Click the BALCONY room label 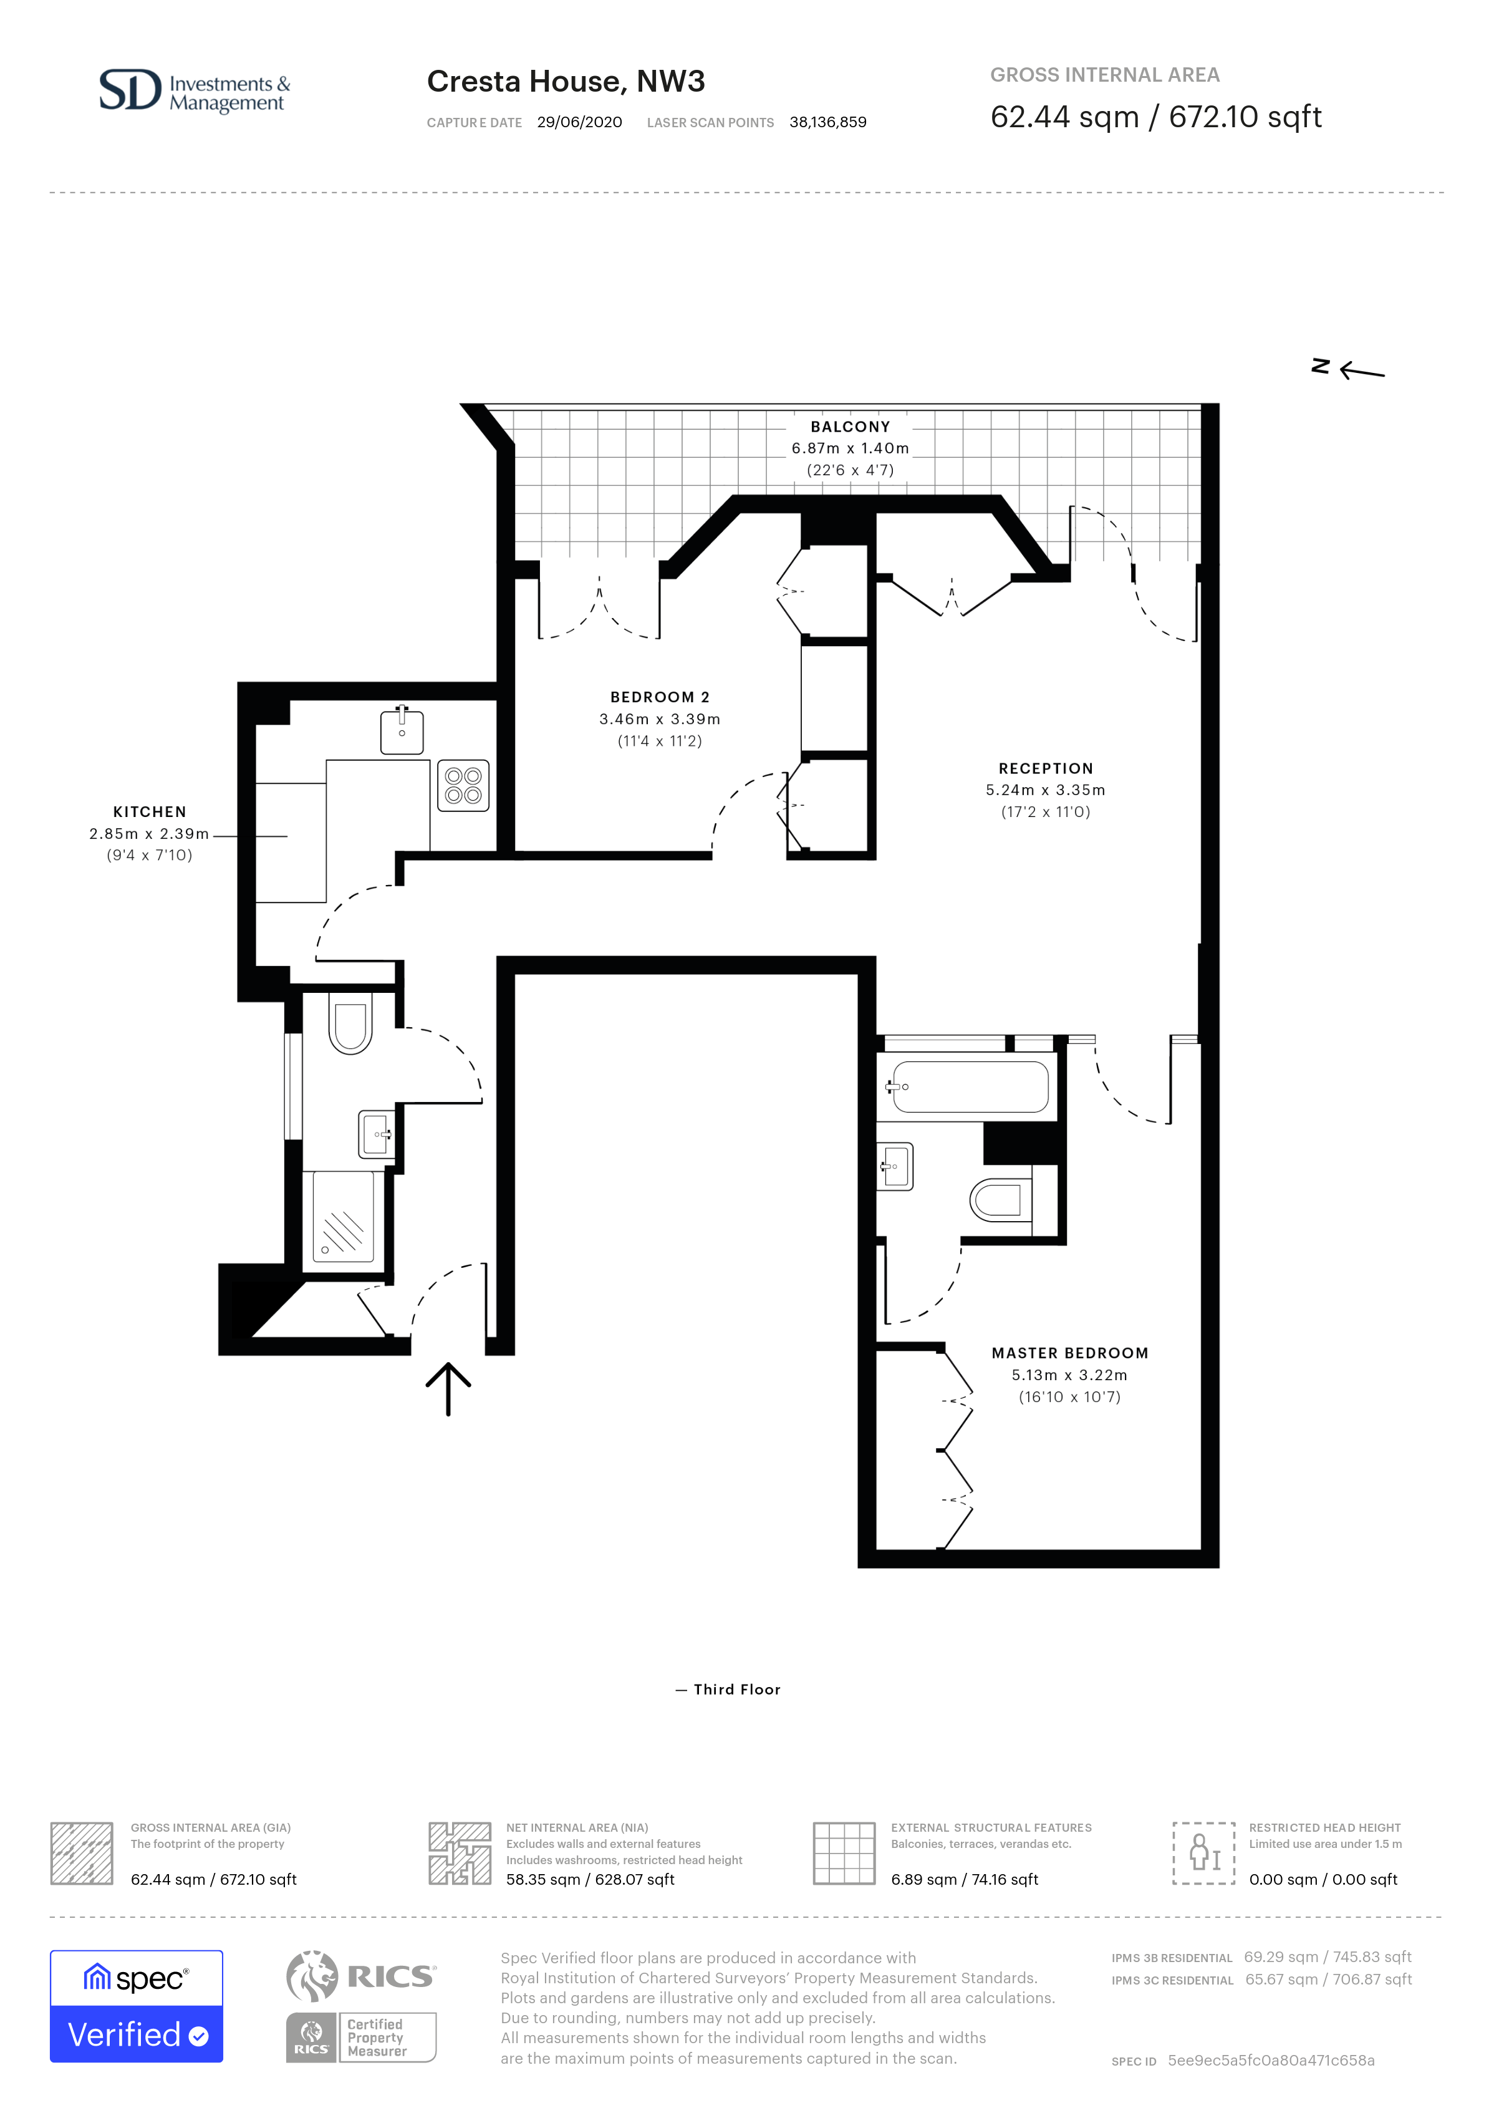pyautogui.click(x=850, y=427)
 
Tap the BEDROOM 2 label pyautogui.click(x=660, y=698)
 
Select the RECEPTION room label pyautogui.click(x=1046, y=768)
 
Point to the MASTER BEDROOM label pyautogui.click(x=1070, y=1353)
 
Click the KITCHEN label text pyautogui.click(x=150, y=811)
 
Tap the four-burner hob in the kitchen pyautogui.click(x=463, y=785)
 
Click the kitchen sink pyautogui.click(x=402, y=731)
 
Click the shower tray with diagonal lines pyautogui.click(x=343, y=1216)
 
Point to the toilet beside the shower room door pyautogui.click(x=350, y=1022)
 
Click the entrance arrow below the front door pyautogui.click(x=448, y=1389)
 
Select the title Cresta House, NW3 pyautogui.click(x=566, y=82)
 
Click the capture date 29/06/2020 pyautogui.click(x=579, y=122)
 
